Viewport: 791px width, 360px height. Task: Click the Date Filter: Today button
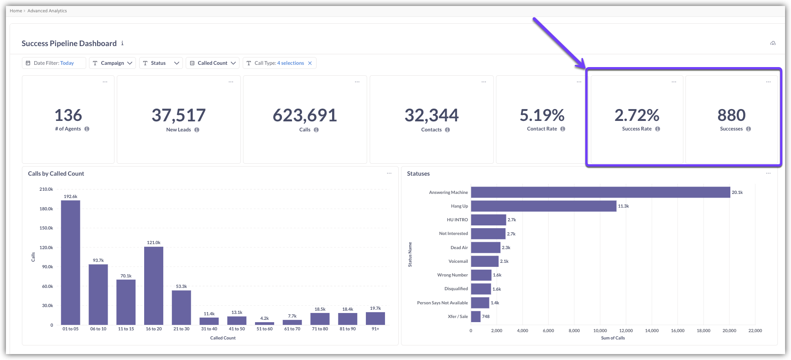[x=54, y=63]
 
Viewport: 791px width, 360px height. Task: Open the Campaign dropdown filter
[x=112, y=63]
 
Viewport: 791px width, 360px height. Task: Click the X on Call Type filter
[x=310, y=63]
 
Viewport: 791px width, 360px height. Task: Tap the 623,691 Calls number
[x=305, y=115]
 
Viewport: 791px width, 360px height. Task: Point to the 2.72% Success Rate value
[x=636, y=115]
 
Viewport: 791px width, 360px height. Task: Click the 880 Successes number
[x=731, y=115]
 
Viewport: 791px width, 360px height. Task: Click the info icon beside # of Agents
[x=87, y=129]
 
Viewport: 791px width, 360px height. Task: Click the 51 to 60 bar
[x=265, y=323]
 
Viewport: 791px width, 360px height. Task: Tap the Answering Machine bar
[x=600, y=193]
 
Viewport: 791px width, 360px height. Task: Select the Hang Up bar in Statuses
[x=543, y=206]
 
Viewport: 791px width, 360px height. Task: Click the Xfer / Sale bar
[x=476, y=316]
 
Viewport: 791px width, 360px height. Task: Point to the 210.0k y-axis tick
[x=47, y=189]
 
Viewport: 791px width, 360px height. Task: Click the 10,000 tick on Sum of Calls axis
[x=600, y=331]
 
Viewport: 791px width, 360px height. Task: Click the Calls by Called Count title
[x=56, y=174]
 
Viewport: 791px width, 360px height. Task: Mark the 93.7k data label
[x=98, y=261]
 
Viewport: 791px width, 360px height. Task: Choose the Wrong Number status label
[x=453, y=275]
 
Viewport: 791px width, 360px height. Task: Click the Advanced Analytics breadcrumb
[x=47, y=11]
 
